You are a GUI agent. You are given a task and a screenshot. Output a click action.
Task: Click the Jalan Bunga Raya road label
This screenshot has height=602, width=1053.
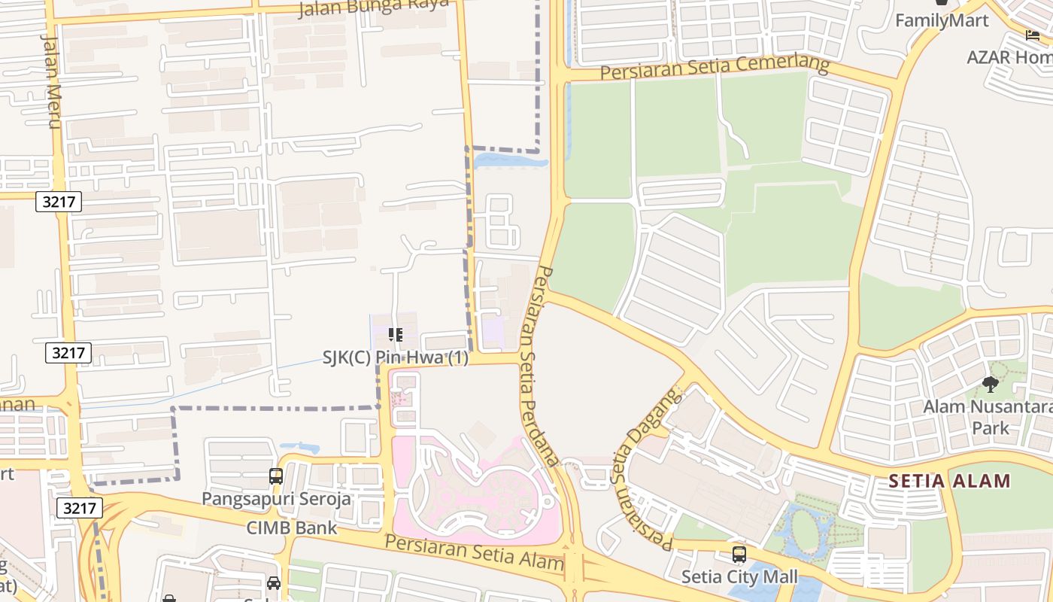373,8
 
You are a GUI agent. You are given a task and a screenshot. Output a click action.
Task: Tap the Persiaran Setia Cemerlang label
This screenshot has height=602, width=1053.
714,68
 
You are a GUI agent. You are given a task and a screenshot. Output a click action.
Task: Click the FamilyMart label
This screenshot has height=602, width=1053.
942,21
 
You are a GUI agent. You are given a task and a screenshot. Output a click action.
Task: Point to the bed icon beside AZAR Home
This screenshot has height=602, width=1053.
1033,35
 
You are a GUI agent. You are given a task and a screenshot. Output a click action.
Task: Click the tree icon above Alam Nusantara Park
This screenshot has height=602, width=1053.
991,385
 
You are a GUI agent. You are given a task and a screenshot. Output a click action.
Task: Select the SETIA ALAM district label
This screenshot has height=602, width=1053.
949,480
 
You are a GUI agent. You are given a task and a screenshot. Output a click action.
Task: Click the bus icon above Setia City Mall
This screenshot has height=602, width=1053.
739,555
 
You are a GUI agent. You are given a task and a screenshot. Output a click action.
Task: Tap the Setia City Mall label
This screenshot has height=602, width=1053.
739,577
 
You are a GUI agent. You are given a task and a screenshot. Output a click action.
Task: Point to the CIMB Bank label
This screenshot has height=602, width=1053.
293,528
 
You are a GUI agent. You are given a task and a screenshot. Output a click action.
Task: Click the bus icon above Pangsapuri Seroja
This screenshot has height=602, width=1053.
276,476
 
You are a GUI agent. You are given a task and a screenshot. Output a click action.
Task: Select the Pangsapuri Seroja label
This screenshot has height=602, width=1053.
276,498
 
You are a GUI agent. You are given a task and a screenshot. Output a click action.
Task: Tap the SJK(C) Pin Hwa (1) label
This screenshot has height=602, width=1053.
395,358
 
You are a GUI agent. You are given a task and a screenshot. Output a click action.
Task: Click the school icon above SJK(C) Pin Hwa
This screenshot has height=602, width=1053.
395,335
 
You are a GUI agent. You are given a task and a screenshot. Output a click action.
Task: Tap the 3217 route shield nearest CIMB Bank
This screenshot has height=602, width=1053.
79,508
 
